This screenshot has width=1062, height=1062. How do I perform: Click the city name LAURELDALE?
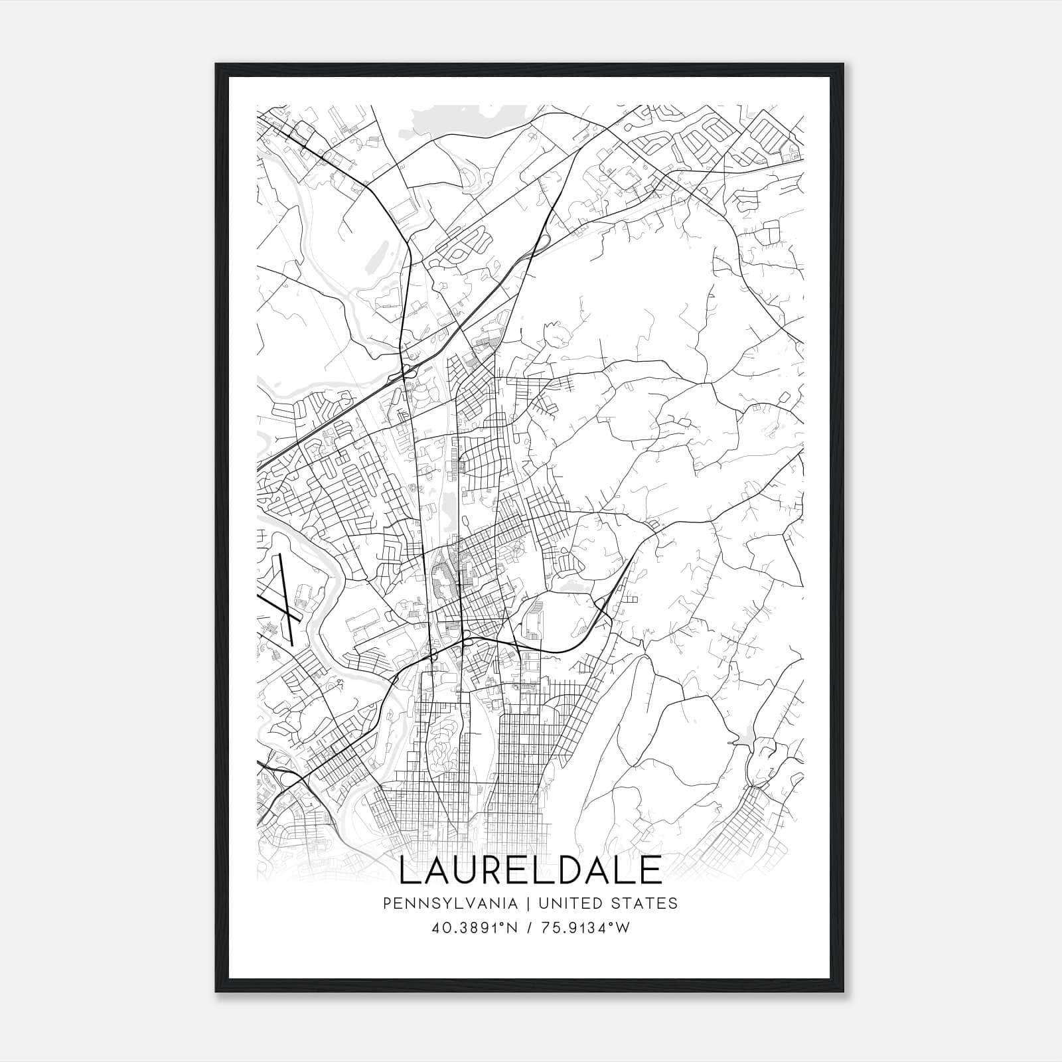tap(530, 870)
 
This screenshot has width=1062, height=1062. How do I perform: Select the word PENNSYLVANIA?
tap(441, 903)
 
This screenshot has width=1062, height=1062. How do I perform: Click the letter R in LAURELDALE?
tap(495, 870)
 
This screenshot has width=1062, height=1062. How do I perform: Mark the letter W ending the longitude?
tap(623, 928)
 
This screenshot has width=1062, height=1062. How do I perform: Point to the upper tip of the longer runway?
tap(281, 555)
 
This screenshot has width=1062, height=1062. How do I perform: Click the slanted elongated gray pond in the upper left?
tap(375, 256)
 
